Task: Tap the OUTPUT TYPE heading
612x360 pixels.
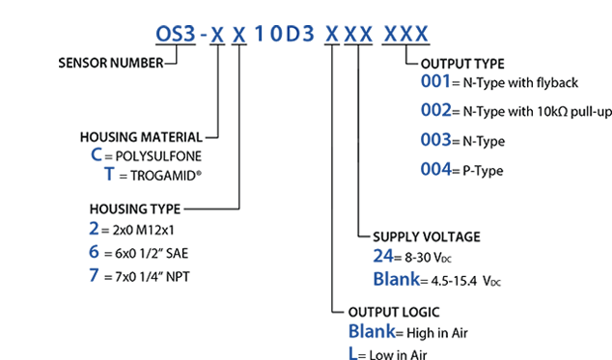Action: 463,64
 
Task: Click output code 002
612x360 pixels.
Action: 436,111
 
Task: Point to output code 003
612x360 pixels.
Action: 436,140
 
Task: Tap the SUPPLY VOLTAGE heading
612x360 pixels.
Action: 426,236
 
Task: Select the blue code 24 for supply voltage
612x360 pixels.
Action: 384,257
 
